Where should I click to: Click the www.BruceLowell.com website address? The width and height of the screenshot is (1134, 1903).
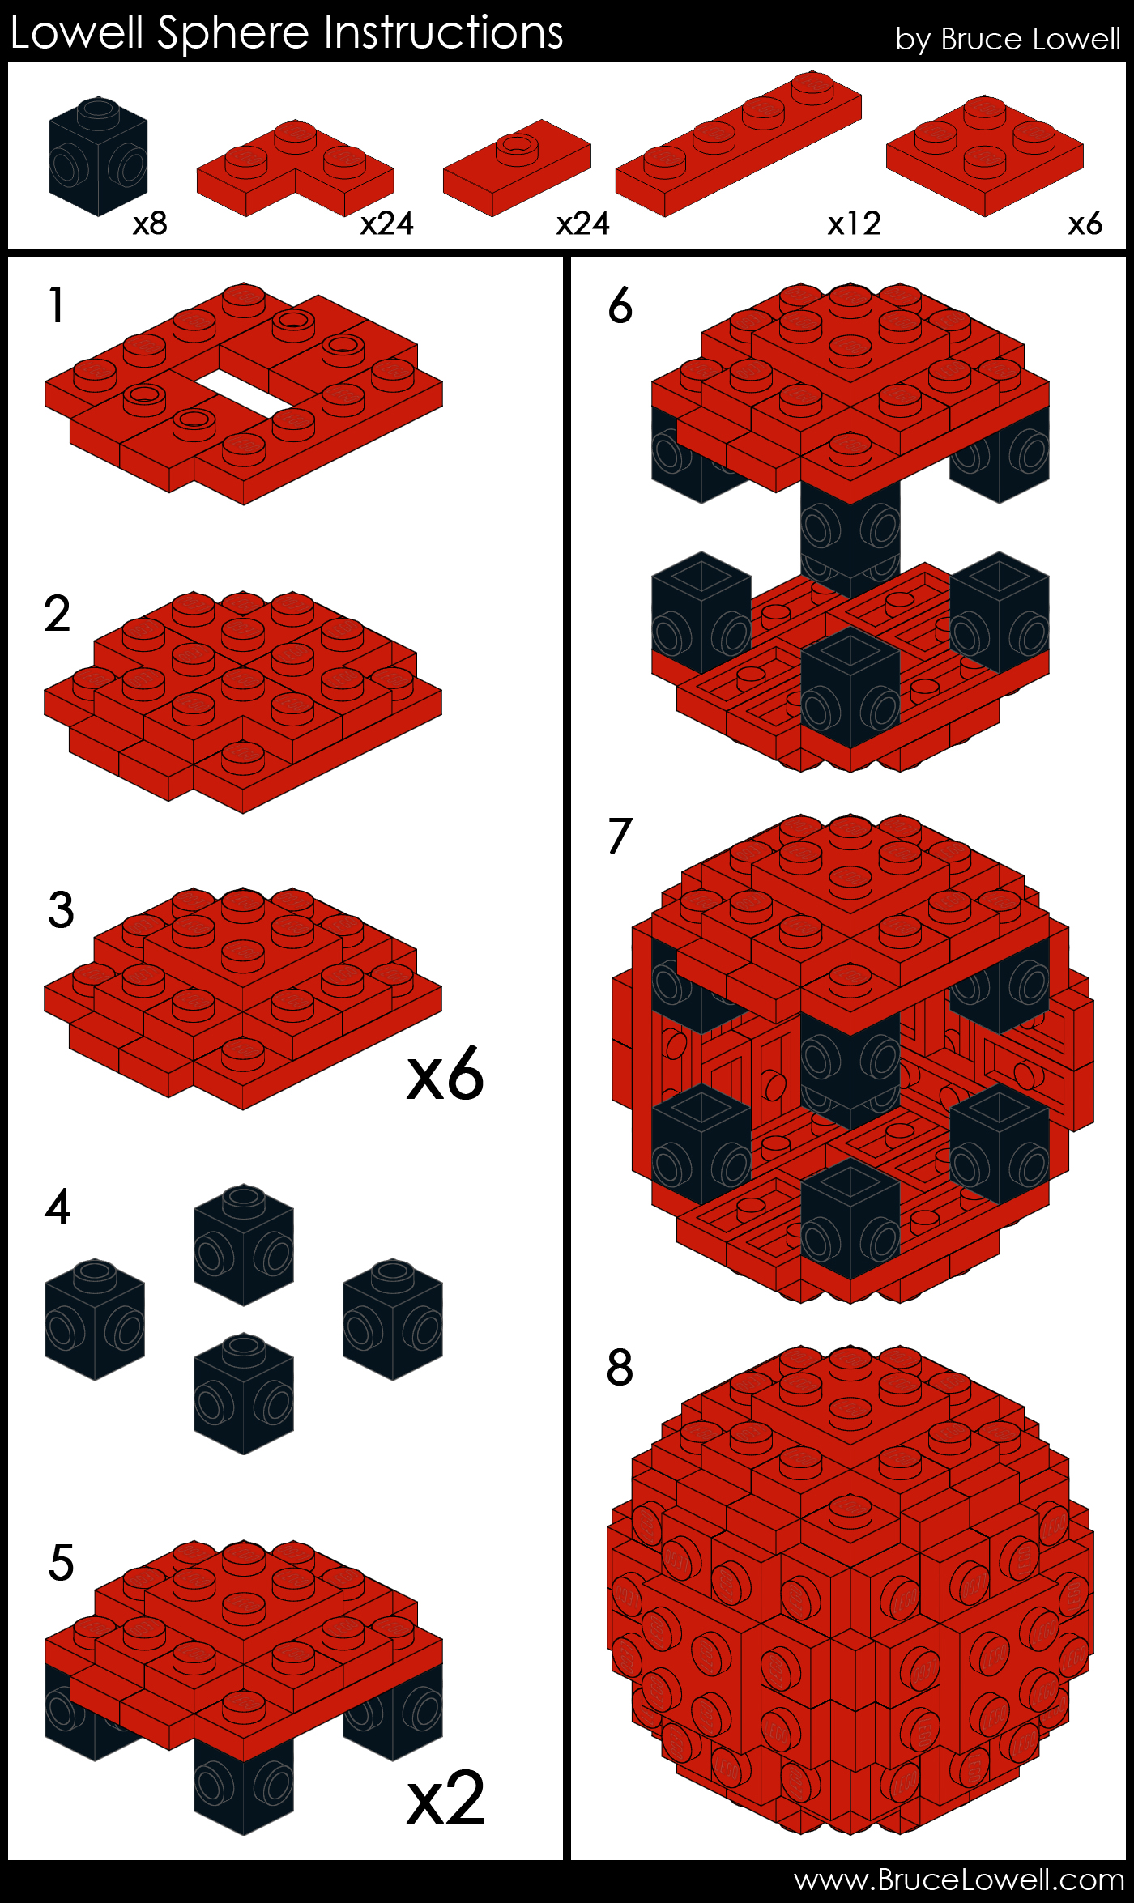[959, 1880]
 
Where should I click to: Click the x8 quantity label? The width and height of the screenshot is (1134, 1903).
[150, 224]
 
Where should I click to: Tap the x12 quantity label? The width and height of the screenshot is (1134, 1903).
[854, 224]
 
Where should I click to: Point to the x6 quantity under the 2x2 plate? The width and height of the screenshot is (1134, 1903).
[1085, 224]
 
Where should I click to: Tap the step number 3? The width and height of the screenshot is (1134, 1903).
[61, 910]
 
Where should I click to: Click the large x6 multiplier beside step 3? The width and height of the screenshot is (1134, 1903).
[445, 1075]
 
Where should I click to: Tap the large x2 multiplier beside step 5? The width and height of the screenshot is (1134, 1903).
[445, 1799]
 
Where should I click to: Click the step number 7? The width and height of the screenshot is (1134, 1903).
[620, 837]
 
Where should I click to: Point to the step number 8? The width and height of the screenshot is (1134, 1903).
[620, 1368]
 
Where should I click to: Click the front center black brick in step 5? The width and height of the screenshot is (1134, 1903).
[243, 1786]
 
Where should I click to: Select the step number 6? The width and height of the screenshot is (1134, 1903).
[620, 306]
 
